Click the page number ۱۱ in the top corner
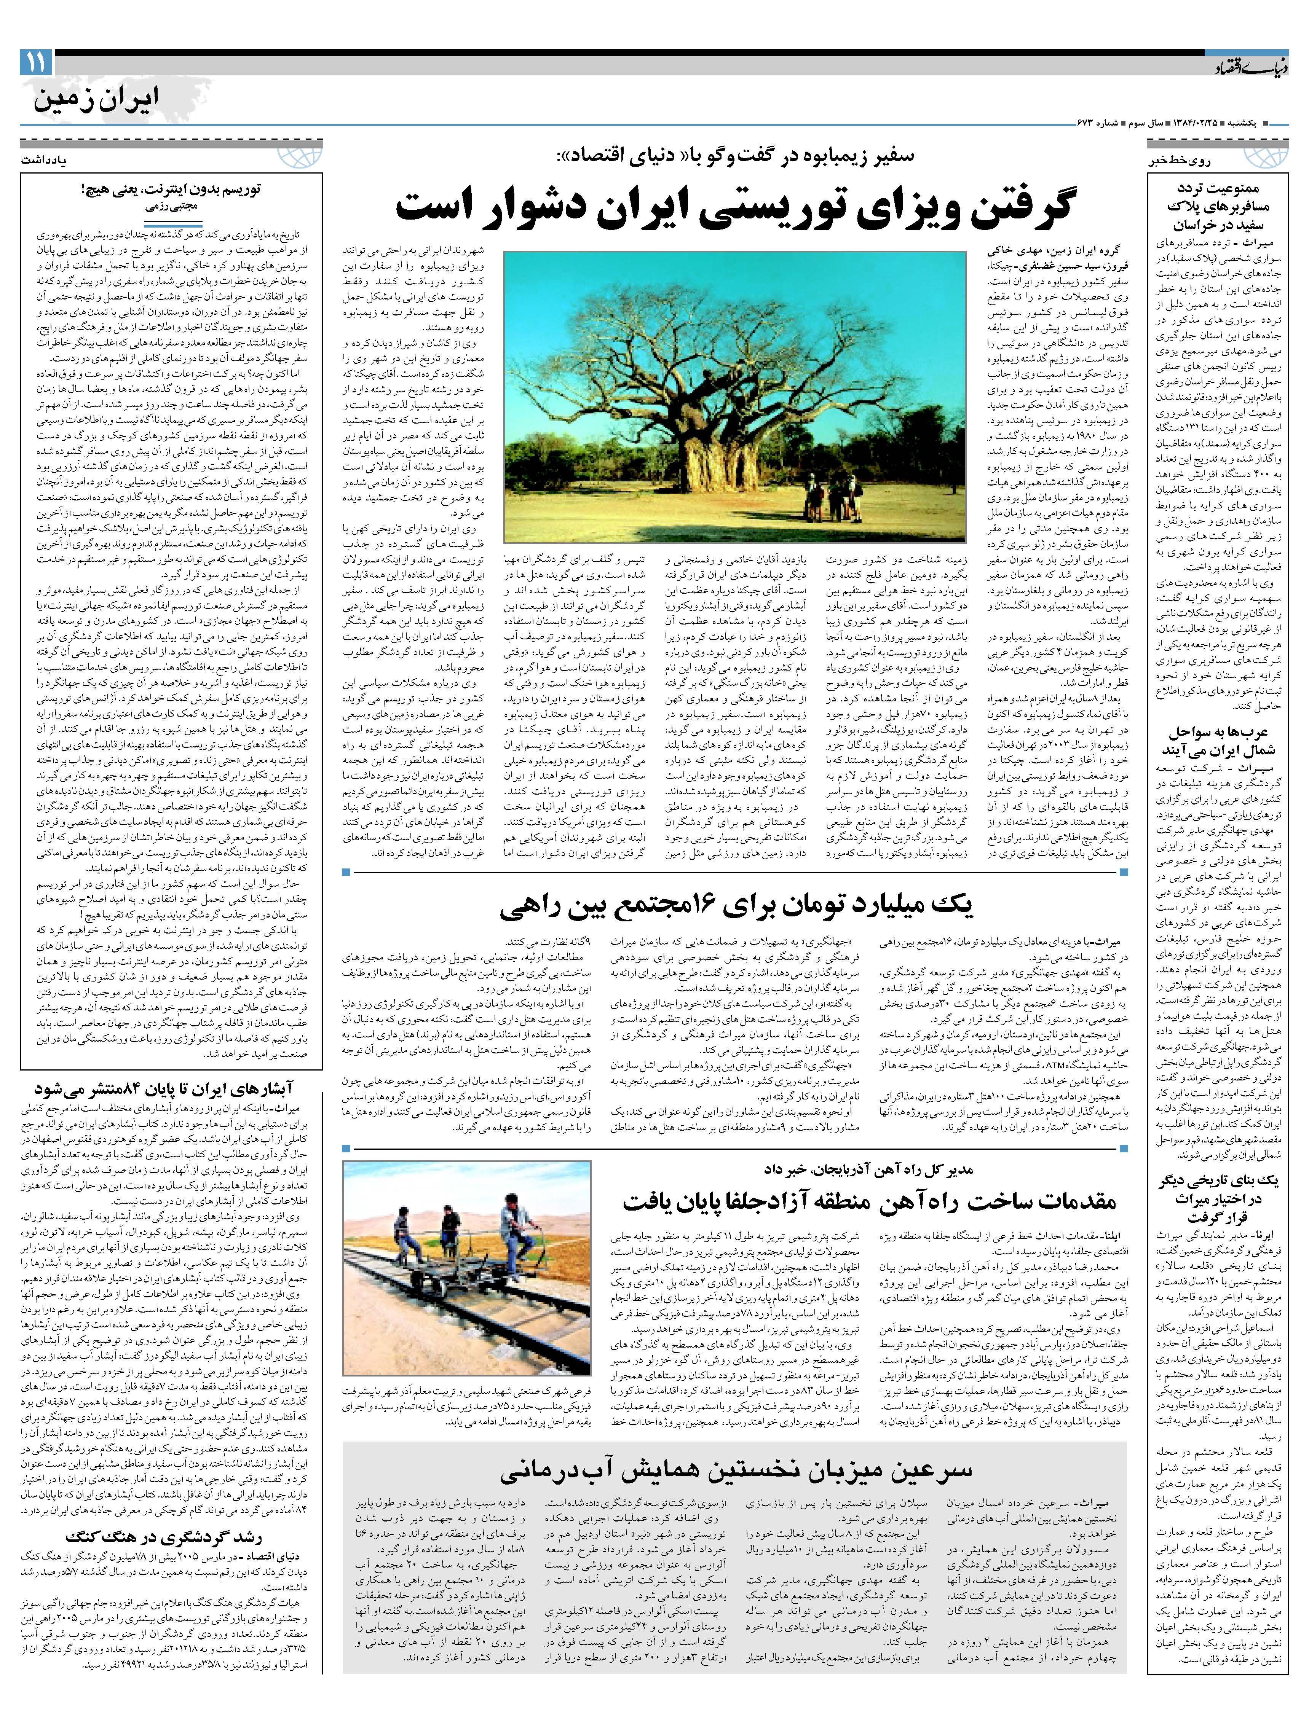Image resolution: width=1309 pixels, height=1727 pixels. tap(35, 62)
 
